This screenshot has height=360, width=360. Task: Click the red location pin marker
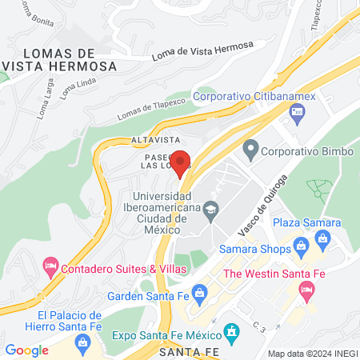click(182, 162)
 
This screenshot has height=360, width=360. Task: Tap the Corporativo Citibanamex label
click(255, 96)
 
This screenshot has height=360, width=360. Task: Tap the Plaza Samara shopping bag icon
click(323, 238)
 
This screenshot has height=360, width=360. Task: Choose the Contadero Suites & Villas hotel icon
click(51, 266)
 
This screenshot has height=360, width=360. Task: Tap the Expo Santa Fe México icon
click(231, 330)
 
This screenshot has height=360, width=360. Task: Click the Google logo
click(26, 350)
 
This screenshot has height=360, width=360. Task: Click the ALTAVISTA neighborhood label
click(152, 140)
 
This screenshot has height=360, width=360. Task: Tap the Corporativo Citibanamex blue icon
click(298, 114)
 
